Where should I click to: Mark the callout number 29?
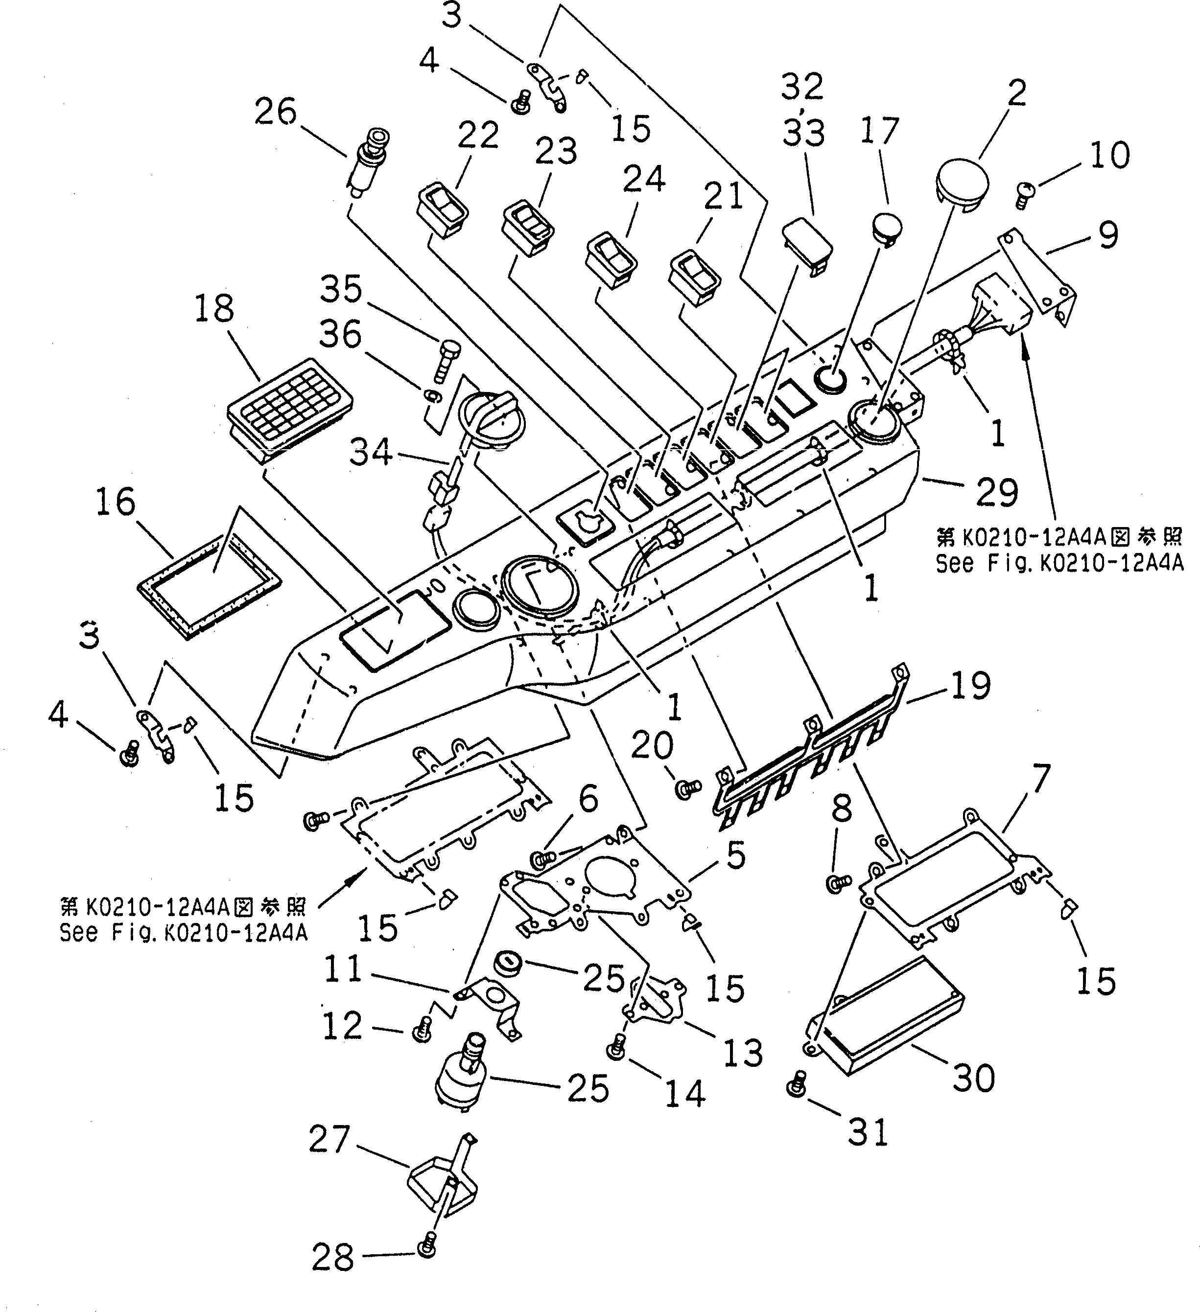997,492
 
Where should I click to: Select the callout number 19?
970,685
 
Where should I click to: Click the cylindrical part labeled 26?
369,162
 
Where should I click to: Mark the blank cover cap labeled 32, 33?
807,244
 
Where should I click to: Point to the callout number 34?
371,451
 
